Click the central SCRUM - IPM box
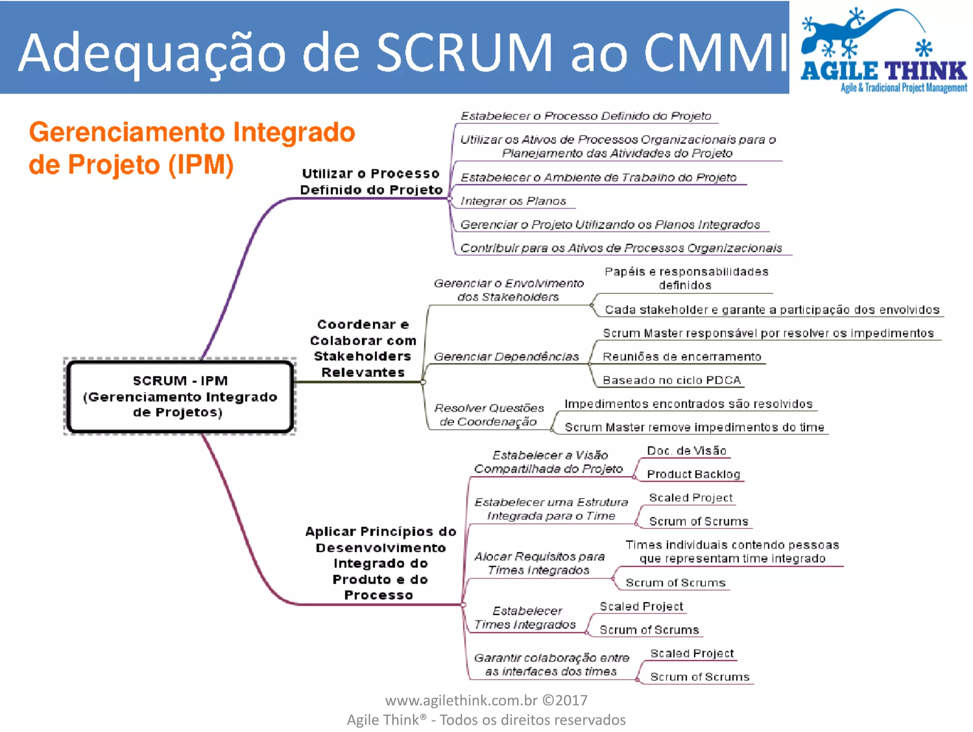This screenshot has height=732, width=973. [180, 396]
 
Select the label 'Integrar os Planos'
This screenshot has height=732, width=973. [513, 201]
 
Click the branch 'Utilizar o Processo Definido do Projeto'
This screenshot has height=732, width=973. [371, 182]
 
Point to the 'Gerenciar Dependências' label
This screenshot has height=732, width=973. [506, 356]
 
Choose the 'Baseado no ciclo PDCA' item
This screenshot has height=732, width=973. [671, 380]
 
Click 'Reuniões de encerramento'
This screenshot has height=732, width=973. [682, 356]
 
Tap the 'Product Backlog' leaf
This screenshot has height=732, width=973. [693, 474]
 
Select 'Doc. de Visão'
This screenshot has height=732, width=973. [687, 451]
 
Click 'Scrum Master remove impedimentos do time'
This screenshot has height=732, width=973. [694, 427]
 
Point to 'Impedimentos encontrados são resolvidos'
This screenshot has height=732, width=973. [688, 404]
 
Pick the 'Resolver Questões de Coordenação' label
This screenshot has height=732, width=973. [488, 414]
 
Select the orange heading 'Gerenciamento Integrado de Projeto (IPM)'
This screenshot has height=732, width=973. [191, 148]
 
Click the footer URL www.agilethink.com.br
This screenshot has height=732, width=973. [461, 700]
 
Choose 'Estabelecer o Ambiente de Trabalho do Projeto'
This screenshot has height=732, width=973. [598, 178]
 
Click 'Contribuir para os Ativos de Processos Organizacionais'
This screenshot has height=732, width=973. [621, 248]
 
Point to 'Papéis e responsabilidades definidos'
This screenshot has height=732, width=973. [686, 278]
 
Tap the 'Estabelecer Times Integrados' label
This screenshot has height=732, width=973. [525, 617]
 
